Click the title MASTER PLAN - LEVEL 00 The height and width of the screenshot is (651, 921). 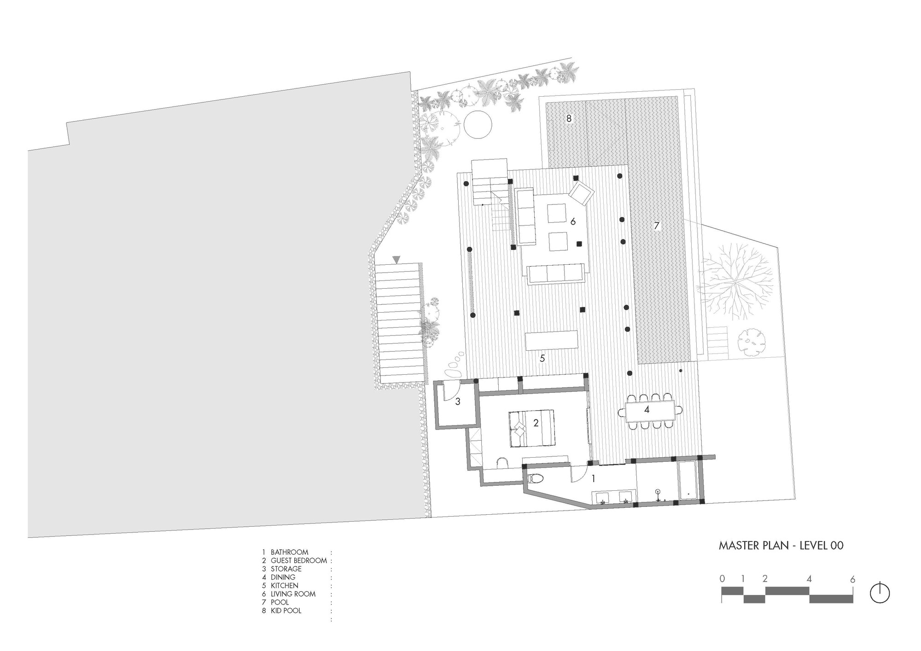point(781,546)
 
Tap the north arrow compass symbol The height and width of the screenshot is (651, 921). point(880,593)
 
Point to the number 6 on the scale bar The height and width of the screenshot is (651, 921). point(852,579)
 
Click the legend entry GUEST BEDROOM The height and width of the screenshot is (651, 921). point(298,560)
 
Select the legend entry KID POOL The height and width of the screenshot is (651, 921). point(286,610)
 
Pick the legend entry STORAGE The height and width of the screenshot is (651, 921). point(286,569)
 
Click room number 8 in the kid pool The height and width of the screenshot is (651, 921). point(569,119)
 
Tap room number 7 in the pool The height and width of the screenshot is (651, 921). point(657,226)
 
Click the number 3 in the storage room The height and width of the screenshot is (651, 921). point(457,402)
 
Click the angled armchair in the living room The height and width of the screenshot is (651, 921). point(582,193)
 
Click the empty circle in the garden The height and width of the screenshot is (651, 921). point(478,124)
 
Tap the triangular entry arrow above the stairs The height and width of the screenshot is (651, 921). point(396,260)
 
